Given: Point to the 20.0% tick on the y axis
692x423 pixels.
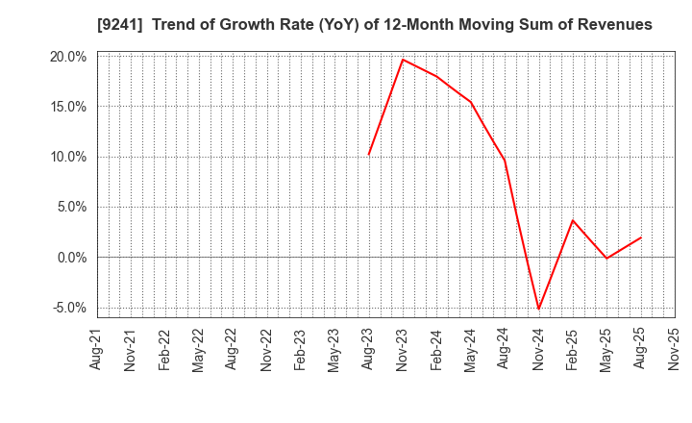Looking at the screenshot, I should pos(68,57).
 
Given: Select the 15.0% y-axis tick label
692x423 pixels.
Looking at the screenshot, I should pos(68,107).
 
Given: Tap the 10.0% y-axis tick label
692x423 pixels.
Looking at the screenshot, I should pos(68,157).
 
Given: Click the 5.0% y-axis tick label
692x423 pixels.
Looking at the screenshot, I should pos(71,207).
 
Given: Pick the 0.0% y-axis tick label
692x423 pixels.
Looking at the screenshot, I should pos(71,258).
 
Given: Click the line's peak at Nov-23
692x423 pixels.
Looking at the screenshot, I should pos(403,60).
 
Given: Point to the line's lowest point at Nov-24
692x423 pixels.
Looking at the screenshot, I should pos(538,309).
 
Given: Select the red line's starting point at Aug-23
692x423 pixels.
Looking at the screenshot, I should pos(368,155).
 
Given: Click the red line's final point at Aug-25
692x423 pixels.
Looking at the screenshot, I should pos(640,237).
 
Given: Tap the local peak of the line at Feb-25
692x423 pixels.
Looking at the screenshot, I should pos(573,220).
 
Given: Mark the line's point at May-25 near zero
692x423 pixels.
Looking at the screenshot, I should pos(606,259).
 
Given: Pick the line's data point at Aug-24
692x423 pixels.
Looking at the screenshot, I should pos(505,161).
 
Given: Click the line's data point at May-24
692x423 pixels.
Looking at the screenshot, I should pos(471,102).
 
